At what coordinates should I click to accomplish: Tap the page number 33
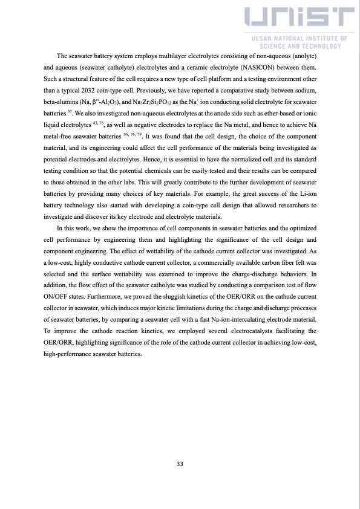click(180, 464)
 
